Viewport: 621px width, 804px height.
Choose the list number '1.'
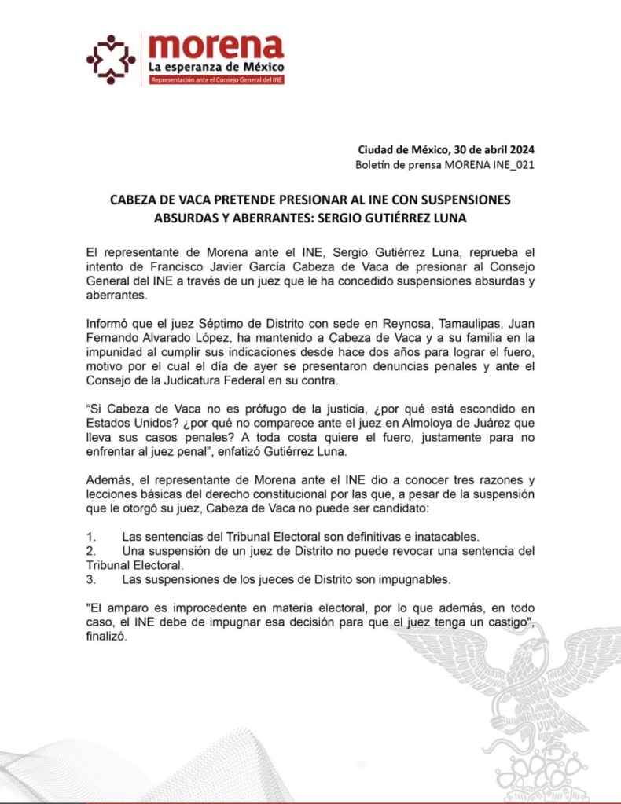pyautogui.click(x=91, y=536)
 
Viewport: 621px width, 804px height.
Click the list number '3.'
pyautogui.click(x=91, y=580)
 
